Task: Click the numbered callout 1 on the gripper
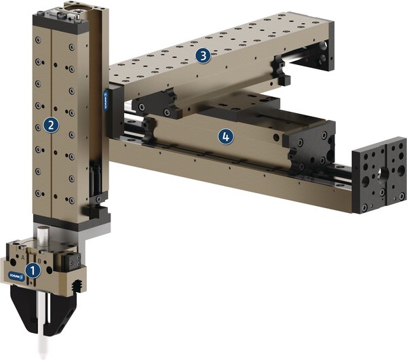31,270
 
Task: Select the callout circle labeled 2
50,124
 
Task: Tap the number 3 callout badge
201,56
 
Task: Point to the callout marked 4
225,136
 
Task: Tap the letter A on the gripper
26,258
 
